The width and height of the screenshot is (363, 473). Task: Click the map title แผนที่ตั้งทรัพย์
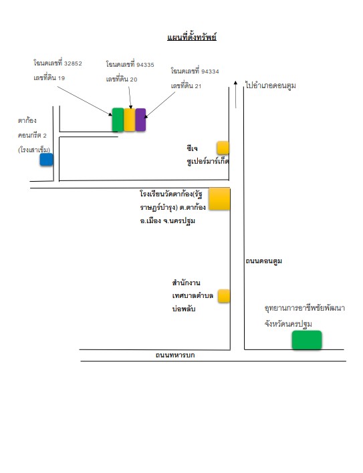192,37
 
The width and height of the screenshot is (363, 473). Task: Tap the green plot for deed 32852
118,120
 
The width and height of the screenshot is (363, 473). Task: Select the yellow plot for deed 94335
130,120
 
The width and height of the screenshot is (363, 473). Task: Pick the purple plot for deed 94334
140,120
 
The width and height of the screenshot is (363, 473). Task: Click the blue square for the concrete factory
47,159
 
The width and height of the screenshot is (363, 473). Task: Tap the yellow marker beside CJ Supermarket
223,148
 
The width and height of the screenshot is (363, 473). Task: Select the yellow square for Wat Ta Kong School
219,199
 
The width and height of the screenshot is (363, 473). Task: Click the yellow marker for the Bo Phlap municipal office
224,295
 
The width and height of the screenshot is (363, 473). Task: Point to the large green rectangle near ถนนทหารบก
307,340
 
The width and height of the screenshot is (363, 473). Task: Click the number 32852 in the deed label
73,63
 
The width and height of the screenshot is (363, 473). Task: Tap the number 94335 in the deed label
145,65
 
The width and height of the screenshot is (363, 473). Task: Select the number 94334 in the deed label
210,71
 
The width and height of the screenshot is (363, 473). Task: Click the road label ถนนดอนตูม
263,261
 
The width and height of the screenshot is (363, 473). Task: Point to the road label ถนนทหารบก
175,355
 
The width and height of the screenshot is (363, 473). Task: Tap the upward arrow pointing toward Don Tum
236,94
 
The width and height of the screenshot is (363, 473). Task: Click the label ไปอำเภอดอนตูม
271,86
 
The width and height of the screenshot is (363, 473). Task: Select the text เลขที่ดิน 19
49,77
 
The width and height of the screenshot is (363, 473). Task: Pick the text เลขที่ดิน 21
186,86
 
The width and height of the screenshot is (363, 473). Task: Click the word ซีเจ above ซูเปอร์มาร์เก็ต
192,148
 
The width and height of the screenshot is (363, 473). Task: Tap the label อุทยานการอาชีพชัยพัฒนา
305,308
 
